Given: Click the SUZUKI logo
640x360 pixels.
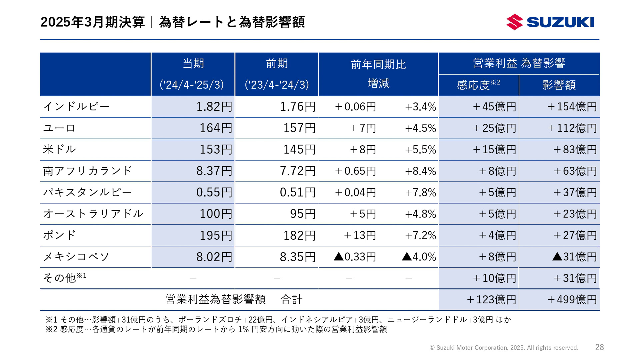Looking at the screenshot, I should [x=550, y=22].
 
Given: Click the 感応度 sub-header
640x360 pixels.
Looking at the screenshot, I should [x=478, y=85].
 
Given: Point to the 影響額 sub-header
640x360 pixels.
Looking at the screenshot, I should [x=559, y=85].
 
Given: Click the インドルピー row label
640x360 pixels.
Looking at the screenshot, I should [x=76, y=107].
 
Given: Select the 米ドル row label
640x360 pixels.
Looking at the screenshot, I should [x=60, y=149].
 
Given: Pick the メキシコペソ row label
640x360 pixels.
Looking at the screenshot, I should [x=76, y=257].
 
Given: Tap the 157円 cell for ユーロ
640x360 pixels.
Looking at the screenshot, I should [x=299, y=128].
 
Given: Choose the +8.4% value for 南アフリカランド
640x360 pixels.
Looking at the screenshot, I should [x=420, y=171].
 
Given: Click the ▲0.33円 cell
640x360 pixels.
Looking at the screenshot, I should [x=355, y=257].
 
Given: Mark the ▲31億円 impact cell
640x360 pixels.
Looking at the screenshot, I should [x=574, y=257].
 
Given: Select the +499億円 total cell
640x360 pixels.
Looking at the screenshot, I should [x=572, y=299].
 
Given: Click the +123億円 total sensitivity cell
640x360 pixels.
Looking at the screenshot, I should [x=491, y=299].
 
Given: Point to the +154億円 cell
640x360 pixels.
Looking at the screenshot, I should [x=572, y=107].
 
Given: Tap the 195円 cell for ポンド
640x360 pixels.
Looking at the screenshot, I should [x=216, y=235].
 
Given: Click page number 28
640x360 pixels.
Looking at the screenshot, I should [x=599, y=347].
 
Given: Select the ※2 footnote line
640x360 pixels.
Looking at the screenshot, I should [x=216, y=329].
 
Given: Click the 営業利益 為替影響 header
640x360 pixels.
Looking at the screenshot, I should [x=519, y=63].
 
